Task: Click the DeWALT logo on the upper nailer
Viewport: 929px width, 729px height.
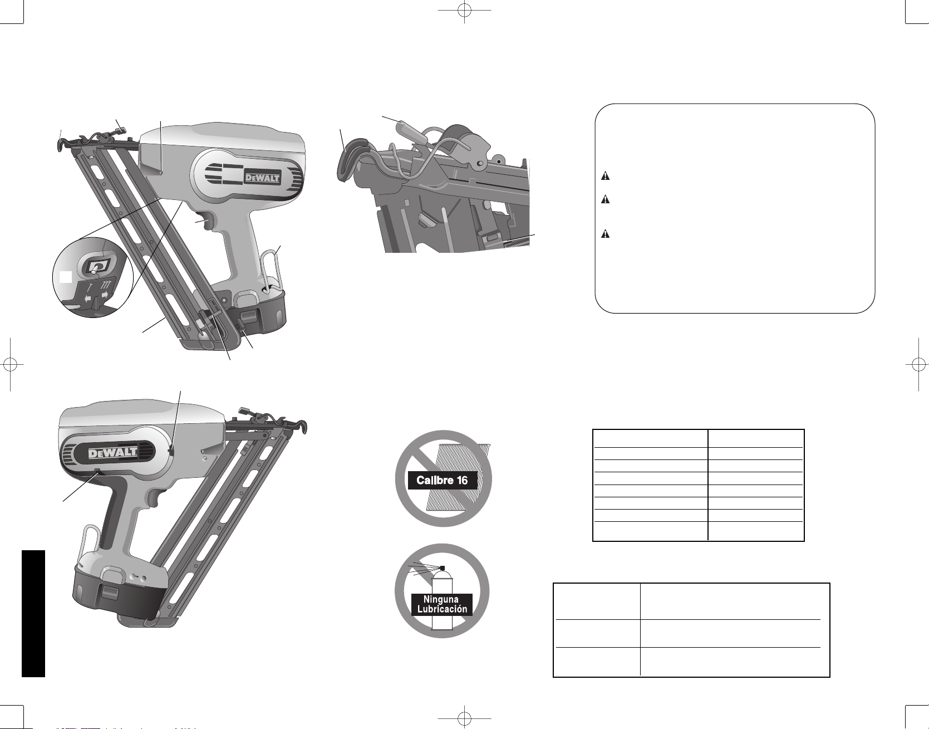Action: tap(263, 178)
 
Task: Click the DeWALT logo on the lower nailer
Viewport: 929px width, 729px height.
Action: tap(113, 453)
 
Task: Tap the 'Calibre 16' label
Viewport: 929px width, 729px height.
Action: tap(443, 480)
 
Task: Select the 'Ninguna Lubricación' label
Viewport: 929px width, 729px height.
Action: tap(442, 604)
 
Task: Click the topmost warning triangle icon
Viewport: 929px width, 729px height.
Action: tap(605, 176)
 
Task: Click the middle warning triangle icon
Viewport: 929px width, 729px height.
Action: tap(605, 199)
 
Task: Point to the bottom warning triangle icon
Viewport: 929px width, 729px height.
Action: tap(605, 234)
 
